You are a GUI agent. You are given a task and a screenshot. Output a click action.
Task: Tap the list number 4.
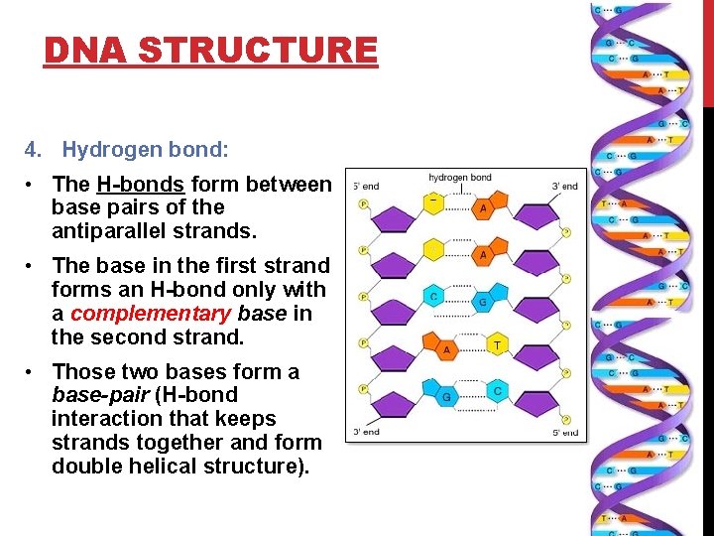(x=34, y=150)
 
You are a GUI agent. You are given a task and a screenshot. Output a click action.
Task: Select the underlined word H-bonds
(x=140, y=185)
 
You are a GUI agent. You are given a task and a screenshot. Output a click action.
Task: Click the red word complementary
(x=150, y=314)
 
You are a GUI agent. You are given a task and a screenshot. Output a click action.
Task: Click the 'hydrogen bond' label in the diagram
(x=459, y=179)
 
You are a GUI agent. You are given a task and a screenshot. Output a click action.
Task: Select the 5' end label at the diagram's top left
(x=365, y=187)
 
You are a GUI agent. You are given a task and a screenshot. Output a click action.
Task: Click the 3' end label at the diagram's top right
(x=564, y=187)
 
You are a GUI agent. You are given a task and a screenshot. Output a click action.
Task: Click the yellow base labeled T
(x=497, y=344)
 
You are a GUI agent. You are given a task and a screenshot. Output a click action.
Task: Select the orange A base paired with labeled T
(x=447, y=349)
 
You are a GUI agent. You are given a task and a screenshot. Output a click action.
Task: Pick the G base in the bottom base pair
(x=446, y=396)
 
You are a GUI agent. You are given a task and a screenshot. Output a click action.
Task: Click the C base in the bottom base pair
(x=498, y=391)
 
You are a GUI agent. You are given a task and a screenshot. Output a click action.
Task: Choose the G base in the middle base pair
(x=483, y=300)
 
